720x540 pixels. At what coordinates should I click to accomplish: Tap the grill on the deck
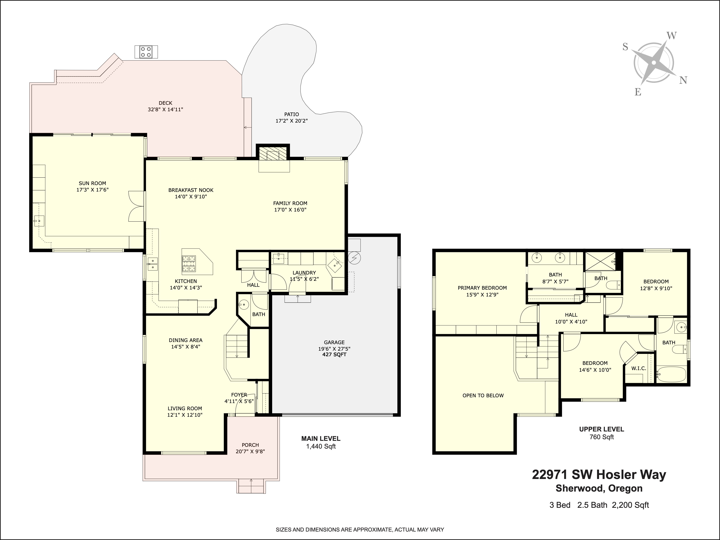[x=146, y=52]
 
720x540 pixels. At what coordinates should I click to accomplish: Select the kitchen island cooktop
[x=189, y=264]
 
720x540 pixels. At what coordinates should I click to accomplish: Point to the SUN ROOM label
[x=93, y=183]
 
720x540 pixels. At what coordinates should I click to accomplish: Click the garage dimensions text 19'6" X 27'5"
[x=334, y=349]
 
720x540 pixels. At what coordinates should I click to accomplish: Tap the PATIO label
[x=291, y=114]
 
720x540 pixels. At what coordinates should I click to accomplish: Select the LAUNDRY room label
[x=304, y=273]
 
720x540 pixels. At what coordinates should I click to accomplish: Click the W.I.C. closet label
[x=639, y=368]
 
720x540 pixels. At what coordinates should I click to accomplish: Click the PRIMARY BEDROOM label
[x=482, y=288]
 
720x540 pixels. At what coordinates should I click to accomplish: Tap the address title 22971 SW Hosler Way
[x=599, y=475]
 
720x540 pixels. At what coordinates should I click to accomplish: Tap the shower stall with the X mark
[x=600, y=261]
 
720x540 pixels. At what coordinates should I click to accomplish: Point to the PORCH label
[x=250, y=445]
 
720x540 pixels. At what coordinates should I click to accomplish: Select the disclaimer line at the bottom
[x=360, y=530]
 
